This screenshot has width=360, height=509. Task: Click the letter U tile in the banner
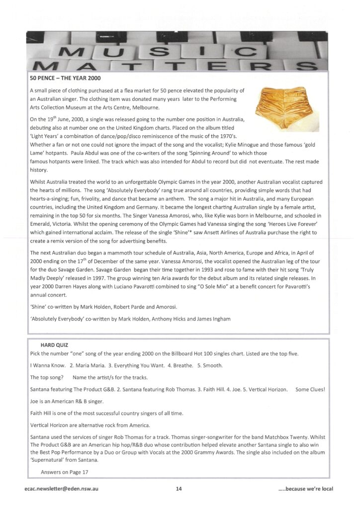coord(114,51)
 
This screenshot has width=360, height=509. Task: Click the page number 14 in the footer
coord(179,489)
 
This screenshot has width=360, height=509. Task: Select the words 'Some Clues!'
coord(310,390)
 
